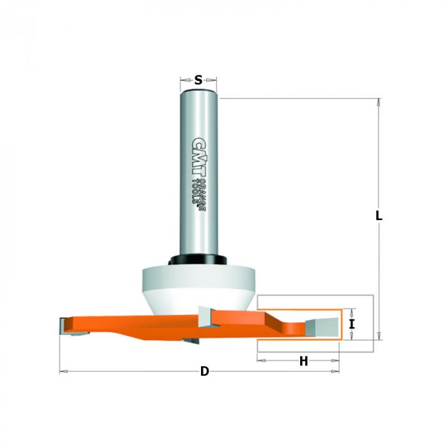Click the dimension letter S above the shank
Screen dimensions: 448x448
coord(198,80)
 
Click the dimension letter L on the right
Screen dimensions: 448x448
coord(379,216)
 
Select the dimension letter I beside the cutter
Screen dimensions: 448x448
coord(352,324)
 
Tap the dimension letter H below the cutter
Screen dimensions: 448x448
coord(304,361)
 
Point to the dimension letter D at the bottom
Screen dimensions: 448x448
coord(205,372)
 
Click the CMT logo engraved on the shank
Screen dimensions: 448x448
coord(199,158)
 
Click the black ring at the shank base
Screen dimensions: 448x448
coord(198,259)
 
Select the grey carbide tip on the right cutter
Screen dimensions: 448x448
coord(322,327)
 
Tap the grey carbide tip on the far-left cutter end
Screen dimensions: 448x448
coord(63,326)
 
